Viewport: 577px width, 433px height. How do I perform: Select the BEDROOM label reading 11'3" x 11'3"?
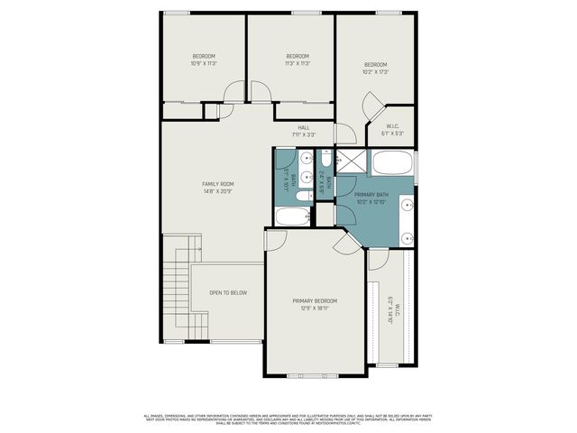[298, 56]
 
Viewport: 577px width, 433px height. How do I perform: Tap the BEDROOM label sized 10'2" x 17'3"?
[376, 65]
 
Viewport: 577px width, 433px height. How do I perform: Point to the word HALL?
[303, 128]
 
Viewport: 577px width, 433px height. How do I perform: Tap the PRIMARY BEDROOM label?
[315, 300]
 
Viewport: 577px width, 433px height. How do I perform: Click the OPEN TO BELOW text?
[228, 293]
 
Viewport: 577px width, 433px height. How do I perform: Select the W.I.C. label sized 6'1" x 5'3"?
[393, 126]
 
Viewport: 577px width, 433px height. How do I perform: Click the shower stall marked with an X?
[351, 163]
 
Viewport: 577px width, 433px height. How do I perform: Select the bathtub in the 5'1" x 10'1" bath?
[291, 216]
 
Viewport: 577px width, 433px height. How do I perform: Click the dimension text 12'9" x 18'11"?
[315, 309]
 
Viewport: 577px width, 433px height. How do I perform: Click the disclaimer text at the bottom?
[288, 419]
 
